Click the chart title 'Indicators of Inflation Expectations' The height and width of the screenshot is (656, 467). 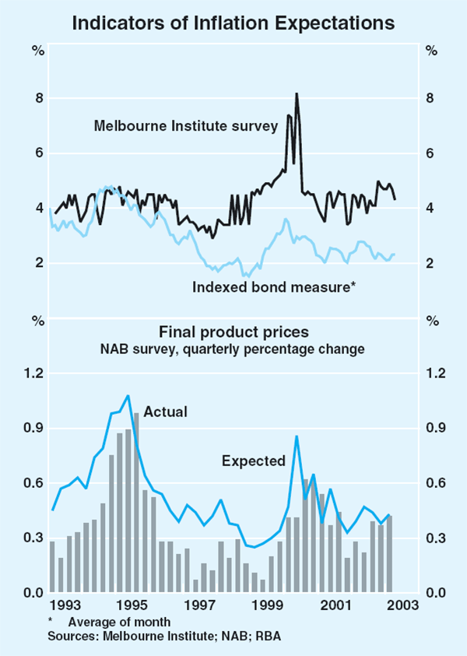[x=233, y=23]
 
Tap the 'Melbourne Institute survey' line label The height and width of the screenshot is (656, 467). [x=186, y=125]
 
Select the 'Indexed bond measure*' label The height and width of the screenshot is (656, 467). [x=274, y=288]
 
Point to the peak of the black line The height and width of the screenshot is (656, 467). [x=296, y=94]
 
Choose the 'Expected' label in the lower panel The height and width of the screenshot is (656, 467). [x=254, y=461]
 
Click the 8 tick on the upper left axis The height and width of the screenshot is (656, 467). [x=37, y=98]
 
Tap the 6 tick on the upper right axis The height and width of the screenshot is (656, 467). [x=430, y=153]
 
